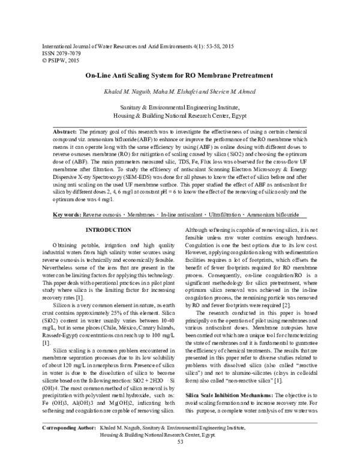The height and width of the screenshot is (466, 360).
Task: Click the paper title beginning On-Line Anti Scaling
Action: [179, 76]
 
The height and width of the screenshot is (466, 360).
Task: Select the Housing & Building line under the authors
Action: [179, 115]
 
